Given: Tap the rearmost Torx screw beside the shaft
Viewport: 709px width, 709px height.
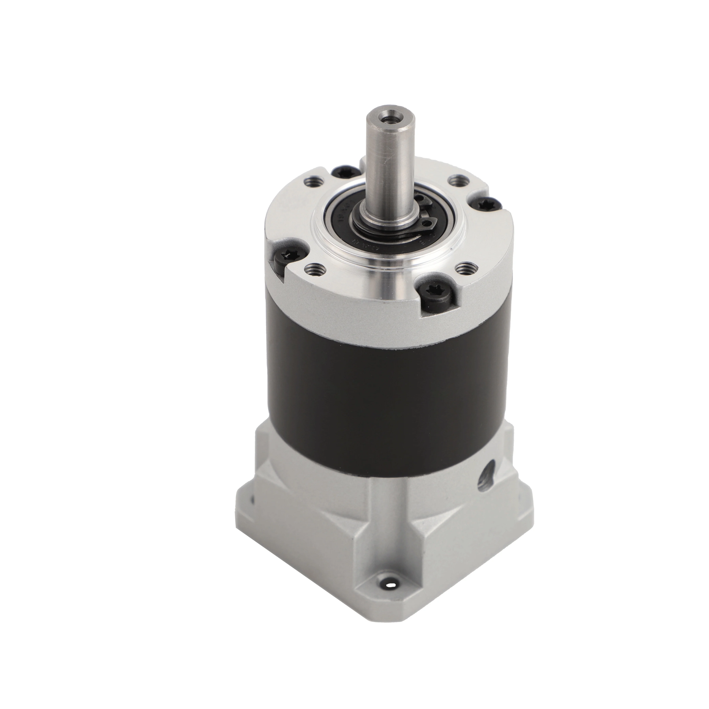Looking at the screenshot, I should click(337, 171).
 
